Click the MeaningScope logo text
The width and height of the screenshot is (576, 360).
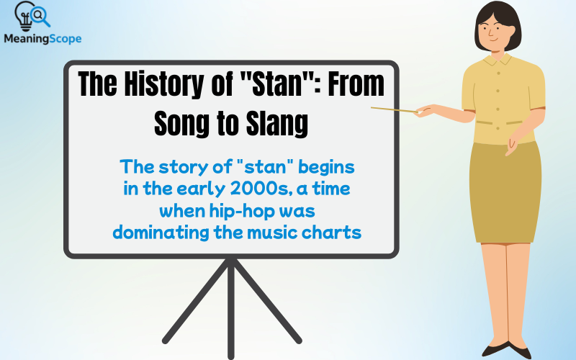42,39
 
